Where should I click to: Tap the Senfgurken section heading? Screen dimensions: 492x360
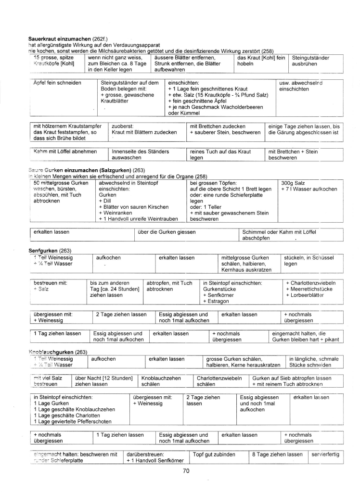tap(43, 251)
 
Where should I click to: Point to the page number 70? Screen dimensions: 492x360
tap(186, 471)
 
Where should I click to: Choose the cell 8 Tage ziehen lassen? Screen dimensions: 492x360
tap(277, 454)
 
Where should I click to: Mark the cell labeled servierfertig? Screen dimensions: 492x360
tap(325, 454)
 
